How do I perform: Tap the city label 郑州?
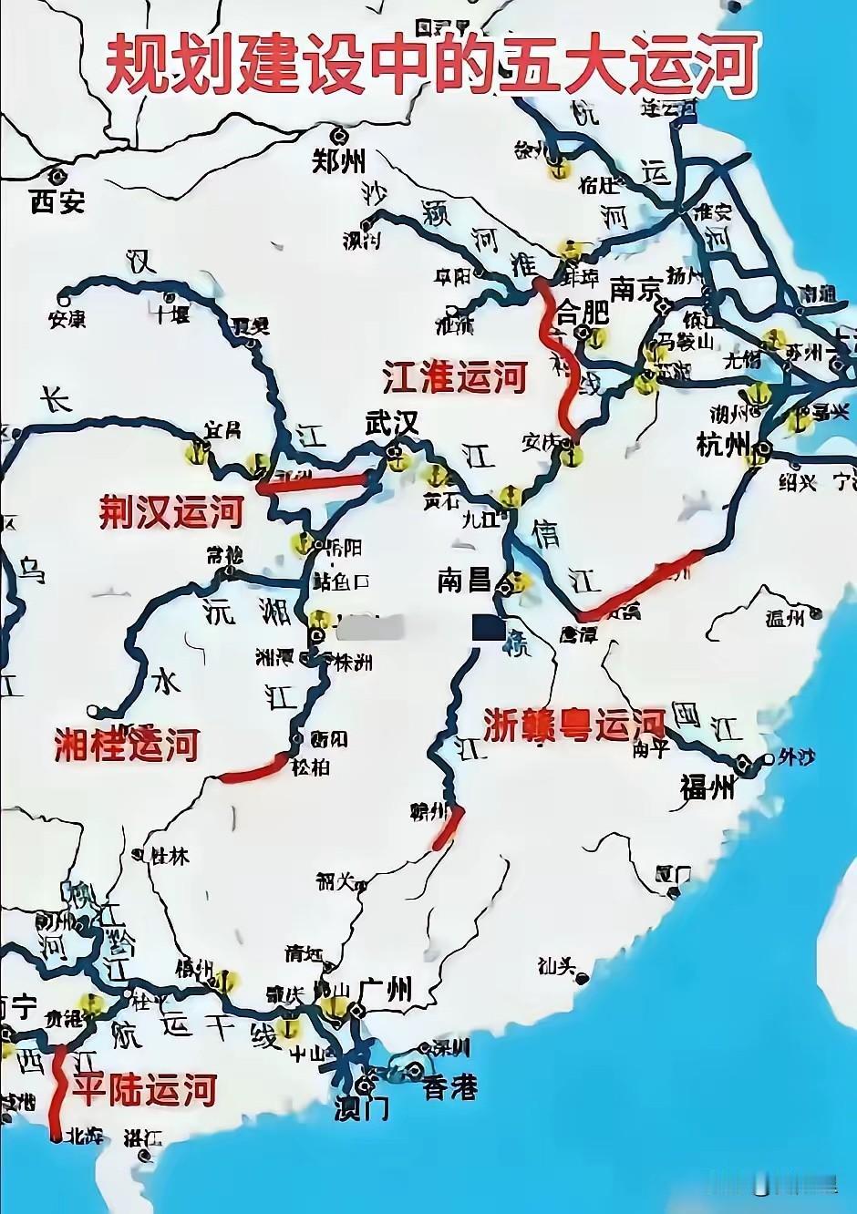(x=339, y=161)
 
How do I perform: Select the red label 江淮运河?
(x=455, y=376)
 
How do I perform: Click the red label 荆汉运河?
(x=171, y=512)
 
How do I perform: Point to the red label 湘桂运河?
(x=127, y=745)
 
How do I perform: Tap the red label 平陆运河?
(x=146, y=1089)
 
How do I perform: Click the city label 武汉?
(x=391, y=423)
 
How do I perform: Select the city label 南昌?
(x=464, y=580)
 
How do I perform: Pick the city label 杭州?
(x=723, y=447)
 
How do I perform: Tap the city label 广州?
(x=386, y=988)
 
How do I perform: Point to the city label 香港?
(x=449, y=1087)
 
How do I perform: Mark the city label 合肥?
(x=583, y=313)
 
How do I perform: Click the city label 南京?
(x=635, y=289)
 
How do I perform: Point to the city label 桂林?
(x=170, y=856)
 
